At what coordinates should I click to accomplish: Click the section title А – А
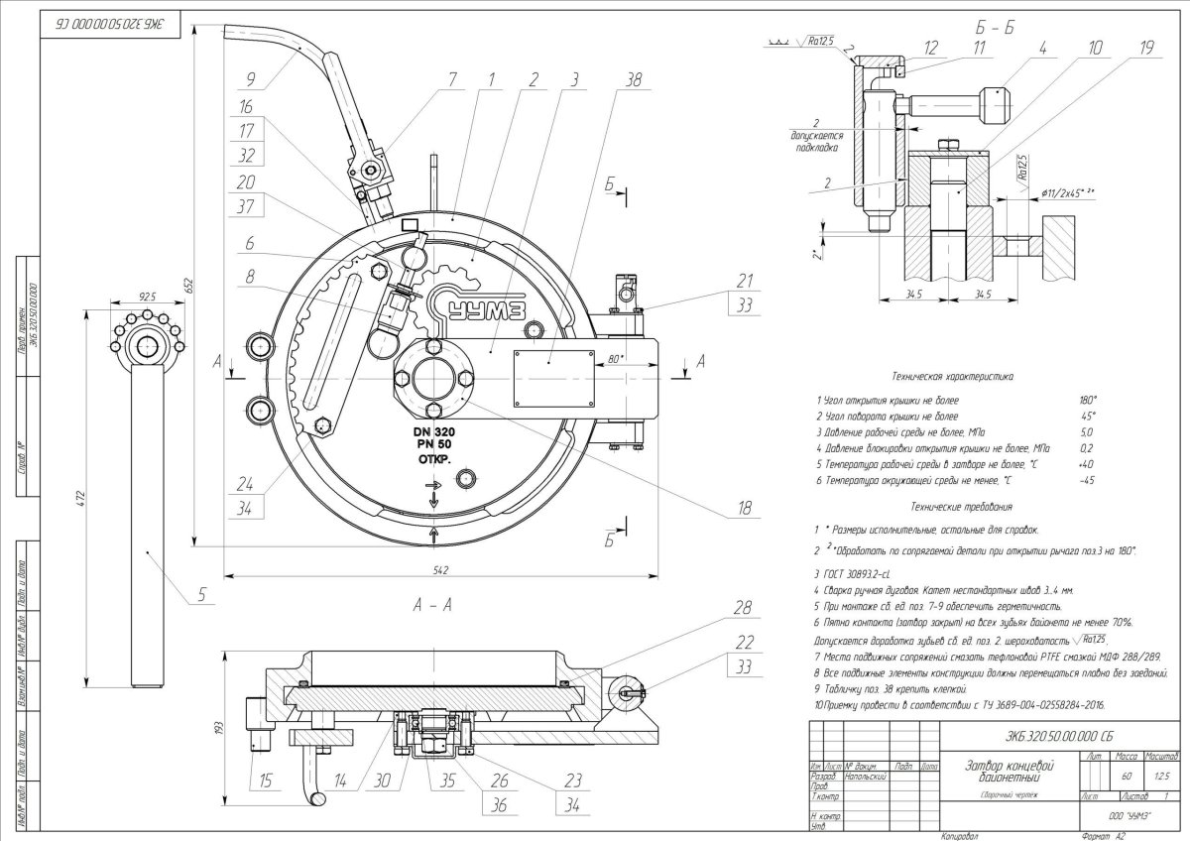(x=428, y=607)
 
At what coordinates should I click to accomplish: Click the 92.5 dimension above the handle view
(x=148, y=297)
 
